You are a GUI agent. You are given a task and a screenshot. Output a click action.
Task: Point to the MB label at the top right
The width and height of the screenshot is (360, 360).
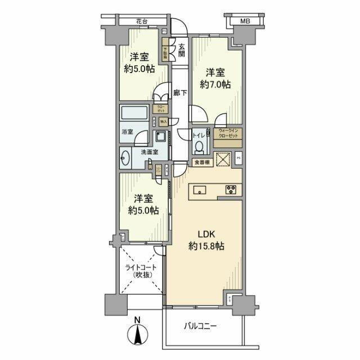245,21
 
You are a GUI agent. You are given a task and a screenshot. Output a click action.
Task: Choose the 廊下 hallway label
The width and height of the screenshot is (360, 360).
180,94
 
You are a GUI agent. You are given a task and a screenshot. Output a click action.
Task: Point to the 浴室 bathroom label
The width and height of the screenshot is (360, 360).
127,132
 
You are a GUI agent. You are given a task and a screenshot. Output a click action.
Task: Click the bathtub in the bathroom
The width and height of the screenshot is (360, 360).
134,112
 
